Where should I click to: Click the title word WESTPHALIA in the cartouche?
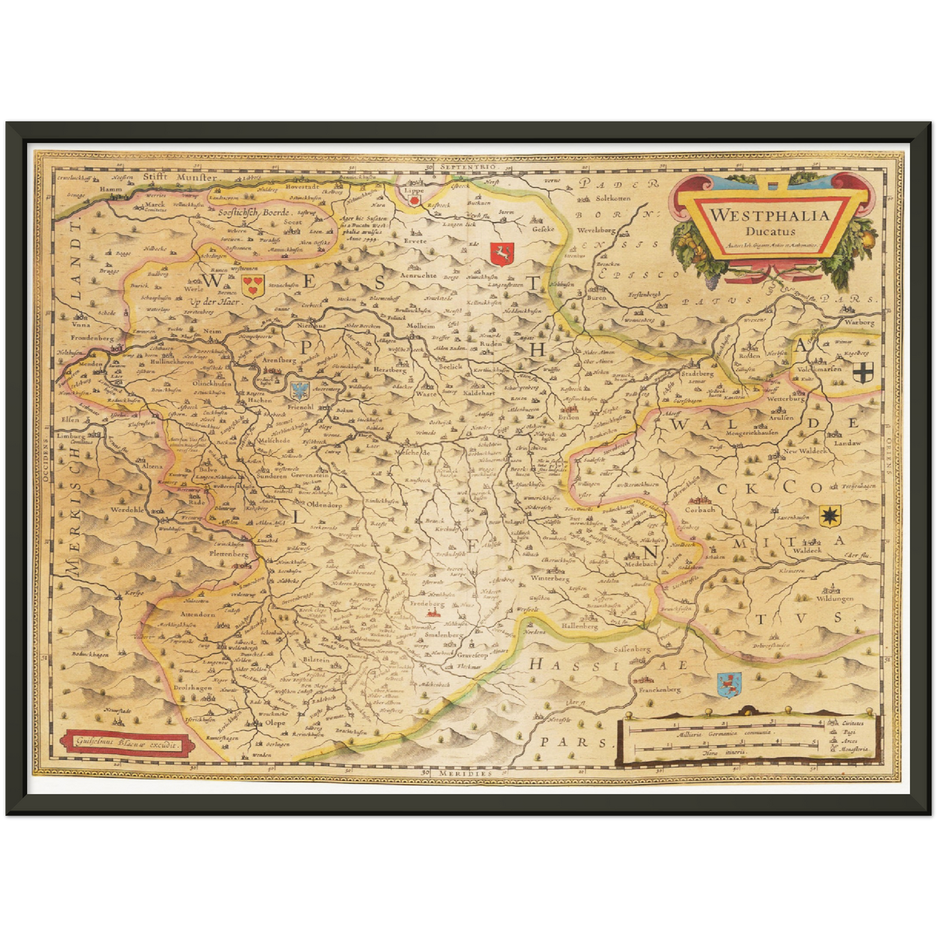[769, 215]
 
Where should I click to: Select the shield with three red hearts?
[252, 282]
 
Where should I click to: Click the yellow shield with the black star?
[828, 517]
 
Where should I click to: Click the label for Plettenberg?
[228, 555]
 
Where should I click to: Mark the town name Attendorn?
[197, 614]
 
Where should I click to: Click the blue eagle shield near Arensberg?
[299, 390]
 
